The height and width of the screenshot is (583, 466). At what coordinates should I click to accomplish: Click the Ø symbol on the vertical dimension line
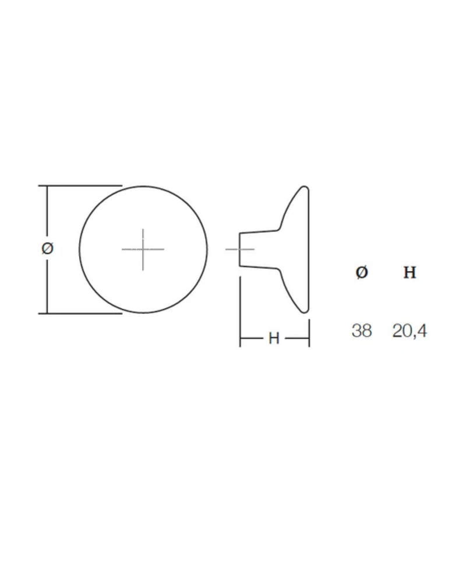[x=48, y=248]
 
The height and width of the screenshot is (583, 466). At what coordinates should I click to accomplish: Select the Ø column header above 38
[x=362, y=272]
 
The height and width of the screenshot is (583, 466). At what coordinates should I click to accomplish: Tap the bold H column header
[x=409, y=273]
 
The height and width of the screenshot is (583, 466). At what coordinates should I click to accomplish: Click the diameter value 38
[x=362, y=331]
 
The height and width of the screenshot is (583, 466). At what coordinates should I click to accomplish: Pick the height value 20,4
[x=409, y=331]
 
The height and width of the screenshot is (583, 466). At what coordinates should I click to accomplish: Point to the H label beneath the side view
[x=274, y=339]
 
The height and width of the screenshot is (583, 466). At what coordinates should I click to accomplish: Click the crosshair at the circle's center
[x=143, y=249]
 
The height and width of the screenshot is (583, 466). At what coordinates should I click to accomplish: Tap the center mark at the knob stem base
[x=239, y=249]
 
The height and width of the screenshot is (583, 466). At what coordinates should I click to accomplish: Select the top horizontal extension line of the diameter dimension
[x=80, y=185]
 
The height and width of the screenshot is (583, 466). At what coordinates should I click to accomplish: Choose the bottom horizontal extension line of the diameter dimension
[x=80, y=314]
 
